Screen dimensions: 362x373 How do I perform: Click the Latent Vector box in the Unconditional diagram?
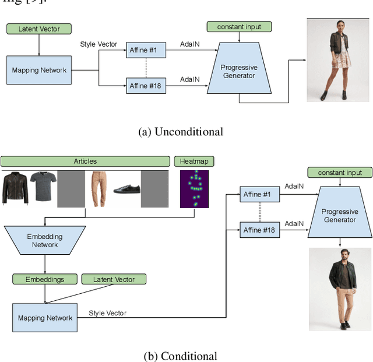click(x=38, y=29)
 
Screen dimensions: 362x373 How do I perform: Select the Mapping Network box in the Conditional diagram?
click(x=45, y=318)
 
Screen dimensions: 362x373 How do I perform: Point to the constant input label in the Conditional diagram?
click(x=340, y=173)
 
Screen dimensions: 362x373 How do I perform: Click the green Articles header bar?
click(x=85, y=161)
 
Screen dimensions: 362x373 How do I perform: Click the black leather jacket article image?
click(x=15, y=188)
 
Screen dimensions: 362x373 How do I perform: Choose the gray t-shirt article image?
click(x=43, y=188)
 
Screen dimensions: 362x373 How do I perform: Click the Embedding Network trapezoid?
click(x=45, y=241)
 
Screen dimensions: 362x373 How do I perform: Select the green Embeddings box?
click(x=45, y=279)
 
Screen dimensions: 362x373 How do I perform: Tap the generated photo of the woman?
click(x=337, y=59)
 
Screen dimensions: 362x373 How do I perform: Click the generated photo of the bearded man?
click(x=339, y=289)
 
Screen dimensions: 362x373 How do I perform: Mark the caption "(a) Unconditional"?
click(x=181, y=132)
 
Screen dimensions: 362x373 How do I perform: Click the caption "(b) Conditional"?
click(x=181, y=356)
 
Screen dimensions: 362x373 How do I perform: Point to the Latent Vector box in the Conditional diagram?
click(x=114, y=279)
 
